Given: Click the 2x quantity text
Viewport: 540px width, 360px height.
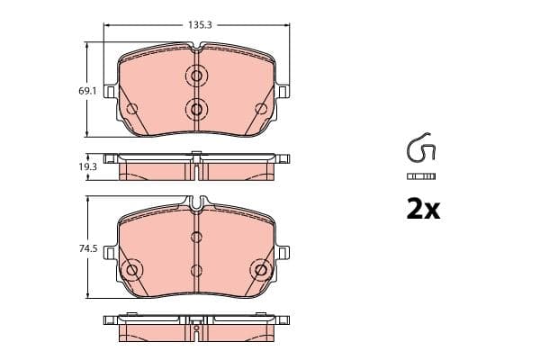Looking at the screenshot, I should tap(421, 210).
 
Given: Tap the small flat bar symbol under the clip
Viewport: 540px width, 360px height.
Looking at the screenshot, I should tap(421, 175).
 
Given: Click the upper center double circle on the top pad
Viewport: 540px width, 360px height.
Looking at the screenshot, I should tap(196, 76).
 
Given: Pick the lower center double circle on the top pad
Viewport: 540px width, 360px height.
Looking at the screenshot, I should tap(196, 109).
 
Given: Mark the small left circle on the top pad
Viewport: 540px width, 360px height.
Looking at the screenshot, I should tap(132, 110).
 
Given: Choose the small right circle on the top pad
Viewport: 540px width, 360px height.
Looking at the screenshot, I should tap(261, 110).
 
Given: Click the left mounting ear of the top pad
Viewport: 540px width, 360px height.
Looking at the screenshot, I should tap(110, 92).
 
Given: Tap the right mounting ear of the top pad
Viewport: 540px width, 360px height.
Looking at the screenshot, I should tap(283, 92).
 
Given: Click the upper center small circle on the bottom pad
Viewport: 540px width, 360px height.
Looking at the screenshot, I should tap(196, 238).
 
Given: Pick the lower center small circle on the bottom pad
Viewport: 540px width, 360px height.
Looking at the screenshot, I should tap(196, 270).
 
